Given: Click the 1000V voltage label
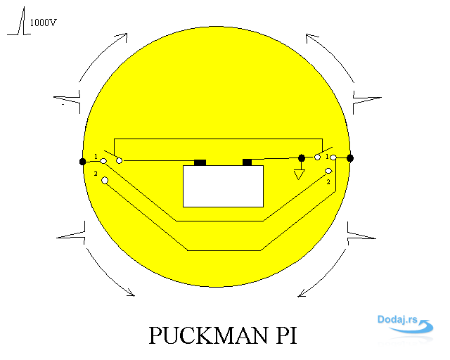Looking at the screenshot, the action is (44, 22).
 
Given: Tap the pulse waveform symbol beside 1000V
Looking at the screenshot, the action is (19, 21).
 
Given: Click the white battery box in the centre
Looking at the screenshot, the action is (224, 186).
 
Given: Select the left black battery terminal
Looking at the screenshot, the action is (200, 162).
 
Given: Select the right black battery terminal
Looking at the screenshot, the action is (247, 162).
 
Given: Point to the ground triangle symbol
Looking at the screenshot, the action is (299, 174).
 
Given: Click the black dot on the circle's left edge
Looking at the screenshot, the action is (83, 162).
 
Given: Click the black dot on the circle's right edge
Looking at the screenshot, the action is (350, 158).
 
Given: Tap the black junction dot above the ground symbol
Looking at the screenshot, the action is (302, 158).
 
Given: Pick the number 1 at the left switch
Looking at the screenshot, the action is (96, 157).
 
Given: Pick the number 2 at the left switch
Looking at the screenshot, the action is (96, 174).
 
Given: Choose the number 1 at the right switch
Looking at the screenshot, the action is (327, 157).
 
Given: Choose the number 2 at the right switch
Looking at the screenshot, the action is (328, 182).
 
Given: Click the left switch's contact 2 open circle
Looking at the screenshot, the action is (105, 180).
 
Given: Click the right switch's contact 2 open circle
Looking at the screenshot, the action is (328, 171).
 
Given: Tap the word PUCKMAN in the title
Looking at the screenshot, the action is (208, 335).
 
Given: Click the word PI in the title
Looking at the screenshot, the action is (286, 335).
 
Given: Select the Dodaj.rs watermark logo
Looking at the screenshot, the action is (405, 324).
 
